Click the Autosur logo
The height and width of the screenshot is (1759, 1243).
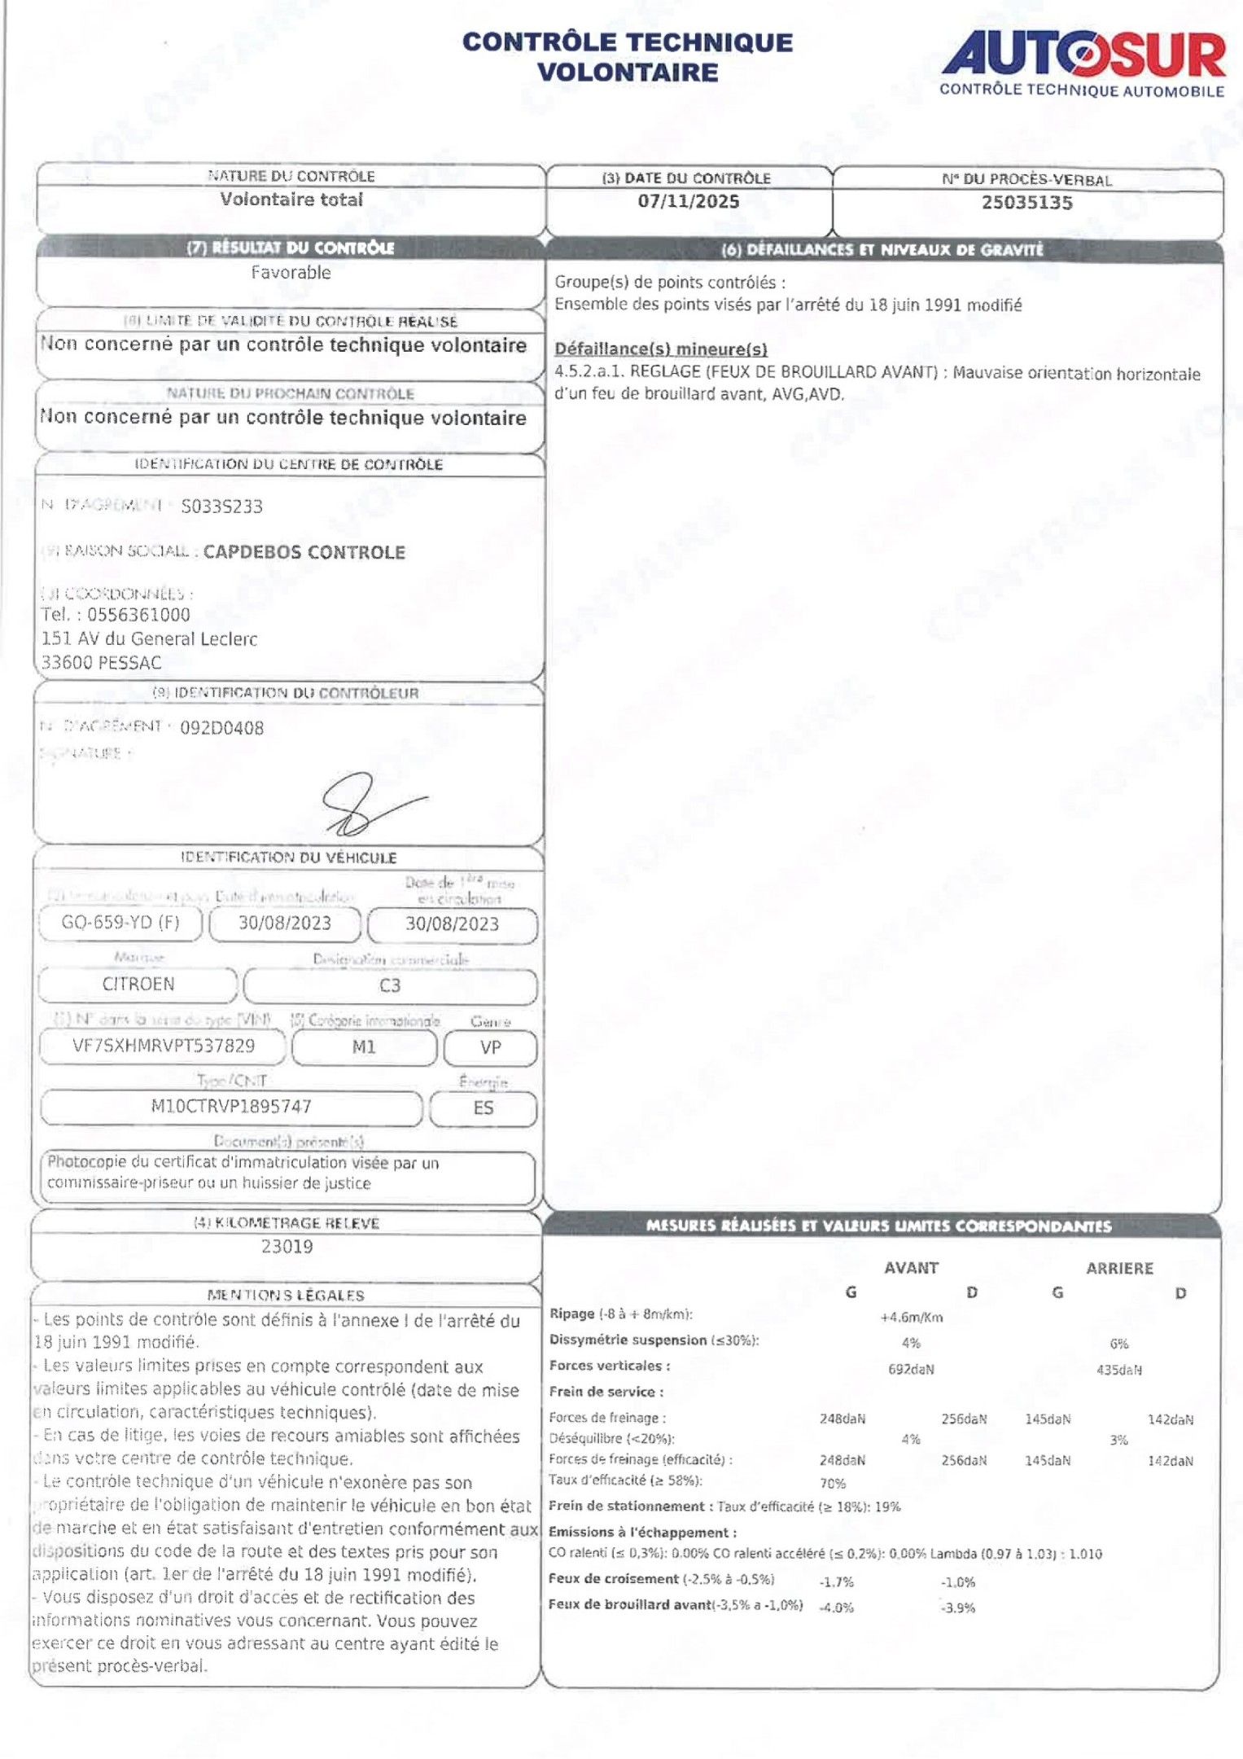pos(1083,64)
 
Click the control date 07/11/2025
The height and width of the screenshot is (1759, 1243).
pos(689,202)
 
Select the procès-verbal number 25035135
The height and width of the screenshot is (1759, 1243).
pos(1026,203)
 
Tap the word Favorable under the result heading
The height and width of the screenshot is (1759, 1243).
pos(291,273)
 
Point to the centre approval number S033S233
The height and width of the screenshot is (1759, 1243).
pos(221,507)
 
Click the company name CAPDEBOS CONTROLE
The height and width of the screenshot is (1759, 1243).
pos(304,552)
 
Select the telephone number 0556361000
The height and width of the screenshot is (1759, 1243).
pos(138,615)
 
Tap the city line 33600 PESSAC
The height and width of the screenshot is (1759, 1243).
pos(101,663)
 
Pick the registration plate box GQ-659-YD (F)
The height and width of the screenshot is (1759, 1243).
pos(120,923)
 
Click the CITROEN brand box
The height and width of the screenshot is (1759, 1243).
pos(138,985)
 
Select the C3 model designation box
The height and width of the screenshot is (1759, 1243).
pos(390,986)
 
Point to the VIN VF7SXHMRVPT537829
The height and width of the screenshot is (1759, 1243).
pos(164,1046)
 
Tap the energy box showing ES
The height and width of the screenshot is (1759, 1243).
pos(483,1108)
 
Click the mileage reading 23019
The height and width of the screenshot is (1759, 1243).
pos(287,1247)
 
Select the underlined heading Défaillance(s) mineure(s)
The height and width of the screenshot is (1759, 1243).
pos(661,349)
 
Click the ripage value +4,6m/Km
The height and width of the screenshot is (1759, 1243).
pos(911,1318)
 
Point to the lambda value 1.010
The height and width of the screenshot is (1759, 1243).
pos(1085,1554)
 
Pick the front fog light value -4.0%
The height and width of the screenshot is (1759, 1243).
pos(837,1608)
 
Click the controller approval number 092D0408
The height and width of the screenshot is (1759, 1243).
pos(221,728)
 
